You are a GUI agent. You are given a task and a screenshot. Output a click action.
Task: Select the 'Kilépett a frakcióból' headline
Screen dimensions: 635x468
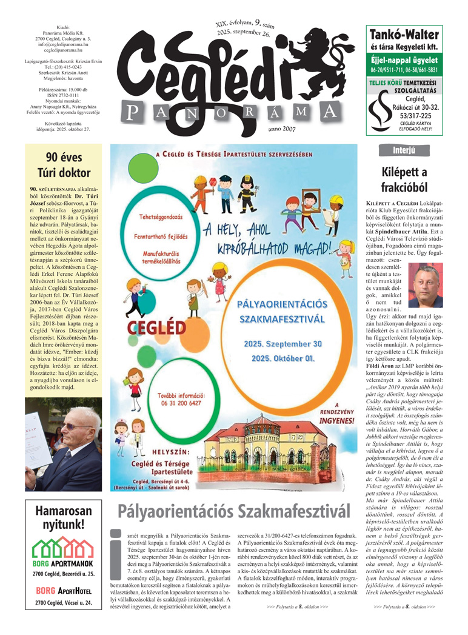[404, 180]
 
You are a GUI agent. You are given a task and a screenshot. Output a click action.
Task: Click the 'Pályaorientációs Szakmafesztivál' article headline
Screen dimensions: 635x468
[234, 511]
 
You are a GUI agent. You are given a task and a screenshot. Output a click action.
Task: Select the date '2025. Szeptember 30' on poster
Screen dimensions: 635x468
[283, 343]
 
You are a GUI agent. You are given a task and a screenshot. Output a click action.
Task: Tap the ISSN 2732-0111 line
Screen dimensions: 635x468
[64, 95]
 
